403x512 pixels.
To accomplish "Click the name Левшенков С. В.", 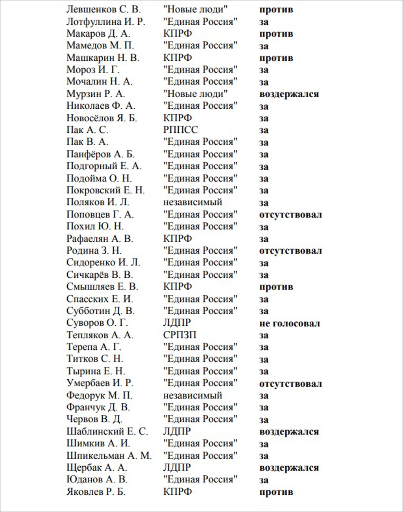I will click(x=104, y=9).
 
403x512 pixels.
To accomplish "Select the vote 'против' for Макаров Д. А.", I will click(x=276, y=34).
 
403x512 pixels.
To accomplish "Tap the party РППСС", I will click(x=181, y=130).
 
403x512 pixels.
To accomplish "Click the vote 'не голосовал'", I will click(x=290, y=323).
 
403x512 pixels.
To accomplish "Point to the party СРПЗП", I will click(x=179, y=335).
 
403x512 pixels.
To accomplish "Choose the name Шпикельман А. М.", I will click(x=109, y=456).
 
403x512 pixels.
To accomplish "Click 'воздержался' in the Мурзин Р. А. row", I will click(x=289, y=94).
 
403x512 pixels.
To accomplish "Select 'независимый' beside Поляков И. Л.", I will click(x=192, y=202).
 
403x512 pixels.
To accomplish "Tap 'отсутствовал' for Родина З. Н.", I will click(x=290, y=251).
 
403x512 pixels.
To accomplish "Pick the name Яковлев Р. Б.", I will click(x=96, y=492).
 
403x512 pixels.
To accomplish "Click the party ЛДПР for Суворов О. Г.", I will click(x=177, y=323).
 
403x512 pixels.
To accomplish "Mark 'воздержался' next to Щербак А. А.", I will click(x=289, y=468).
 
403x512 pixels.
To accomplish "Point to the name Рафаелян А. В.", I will click(x=100, y=239).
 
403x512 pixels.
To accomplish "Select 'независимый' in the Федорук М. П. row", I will click(x=192, y=395).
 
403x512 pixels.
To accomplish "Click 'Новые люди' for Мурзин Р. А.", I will click(x=195, y=94).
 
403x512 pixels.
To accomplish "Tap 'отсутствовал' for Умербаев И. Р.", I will click(x=290, y=384).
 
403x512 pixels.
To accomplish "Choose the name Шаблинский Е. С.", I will click(x=107, y=432).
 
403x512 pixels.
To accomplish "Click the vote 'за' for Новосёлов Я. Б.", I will click(x=264, y=118).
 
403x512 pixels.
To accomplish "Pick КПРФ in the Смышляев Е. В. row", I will click(x=177, y=287).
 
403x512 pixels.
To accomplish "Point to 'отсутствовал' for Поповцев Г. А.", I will click(x=290, y=215).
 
